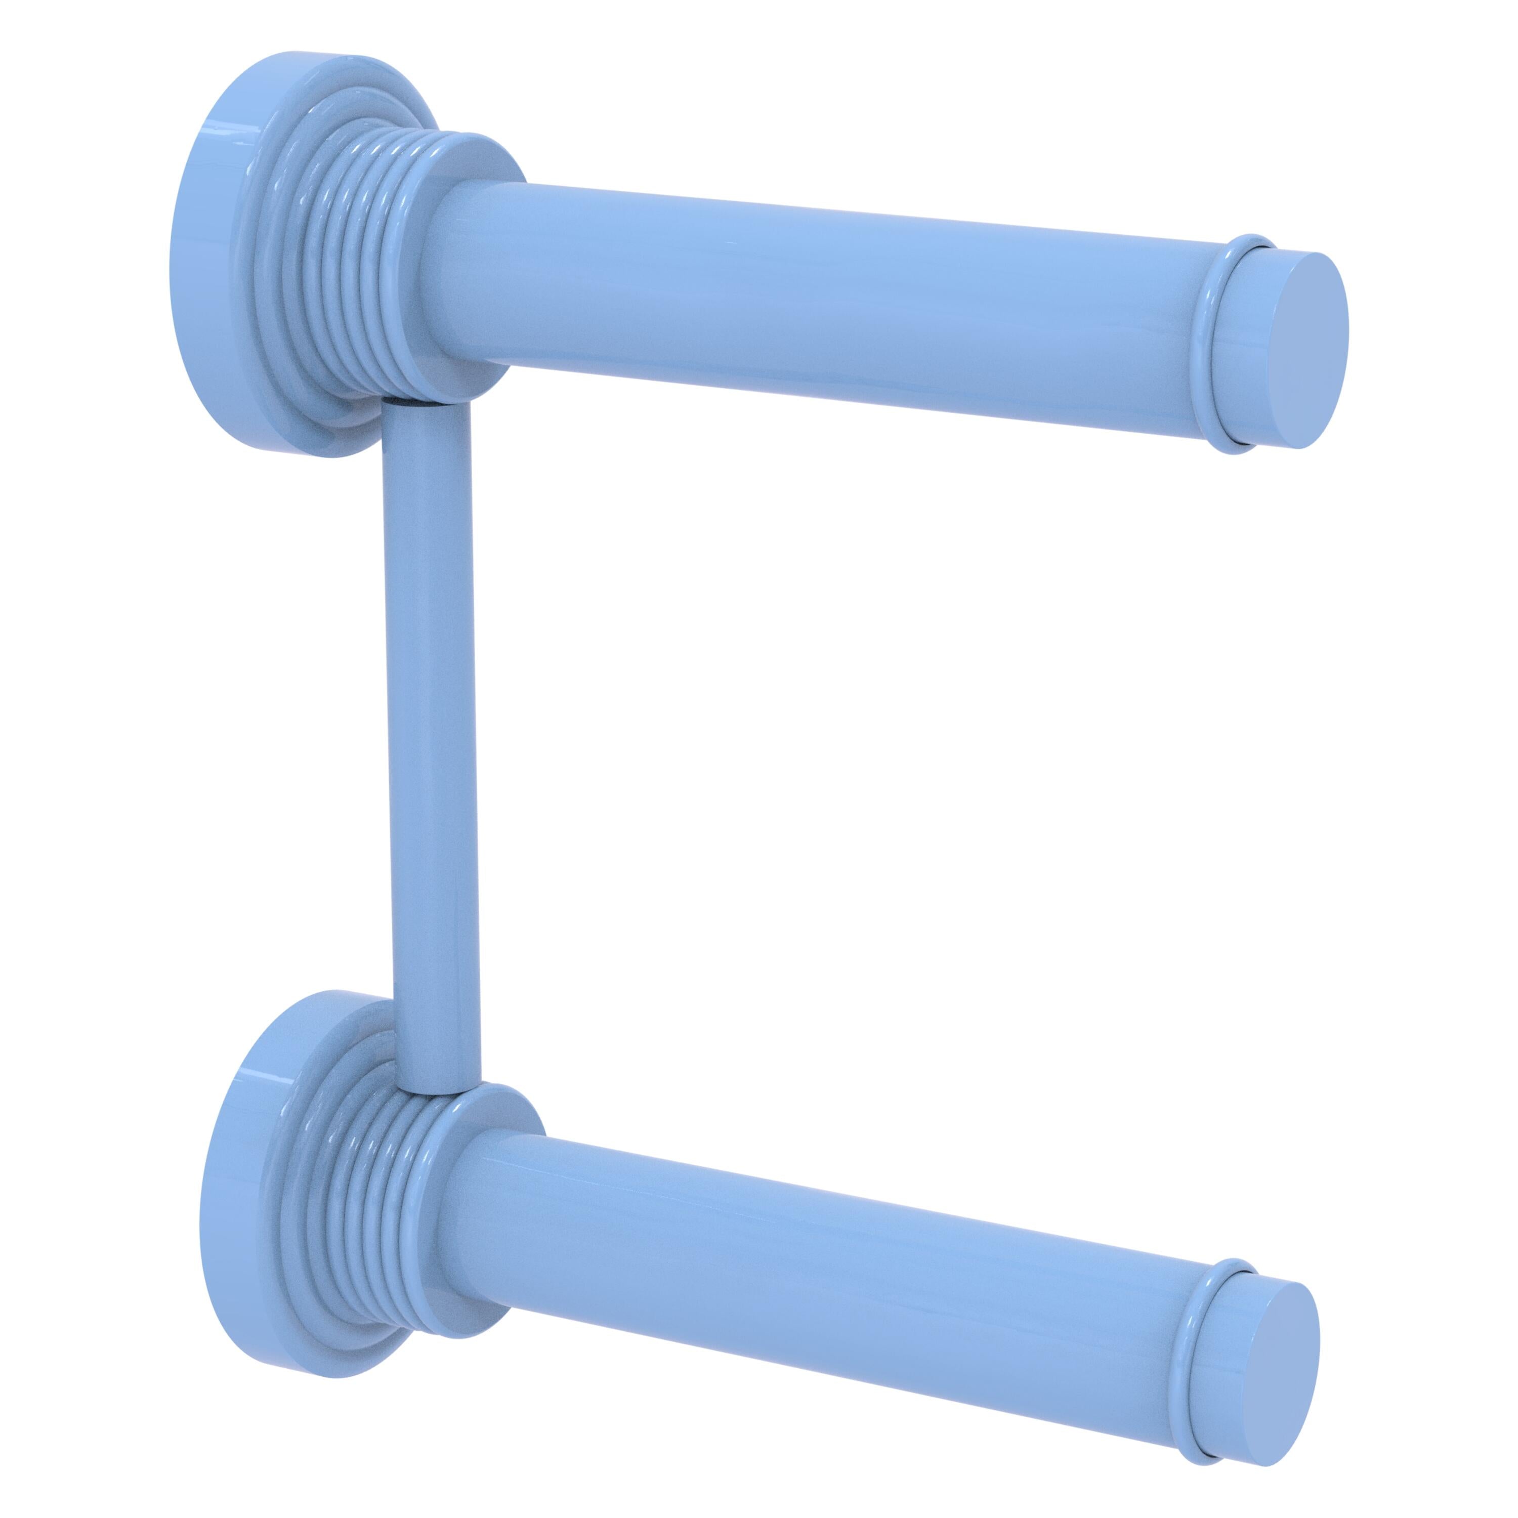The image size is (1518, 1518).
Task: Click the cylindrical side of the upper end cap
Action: coord(1249,354)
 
